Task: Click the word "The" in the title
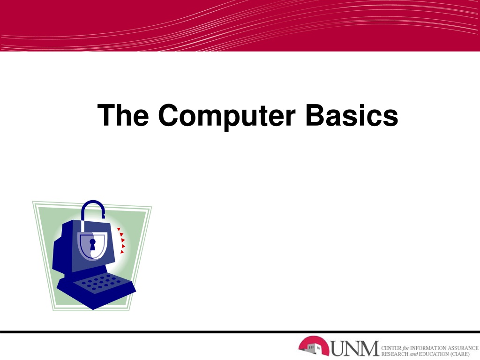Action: click(123, 115)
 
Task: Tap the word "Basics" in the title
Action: click(352, 115)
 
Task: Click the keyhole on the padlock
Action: click(92, 245)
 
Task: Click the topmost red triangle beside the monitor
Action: click(119, 229)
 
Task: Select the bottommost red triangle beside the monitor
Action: click(122, 252)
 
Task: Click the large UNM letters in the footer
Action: click(355, 348)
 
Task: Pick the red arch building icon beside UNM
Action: click(314, 346)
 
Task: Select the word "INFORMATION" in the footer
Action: click(427, 348)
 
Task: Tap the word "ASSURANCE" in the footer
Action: click(463, 348)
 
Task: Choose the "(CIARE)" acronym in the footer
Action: click(460, 354)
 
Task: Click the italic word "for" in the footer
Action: click(405, 348)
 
